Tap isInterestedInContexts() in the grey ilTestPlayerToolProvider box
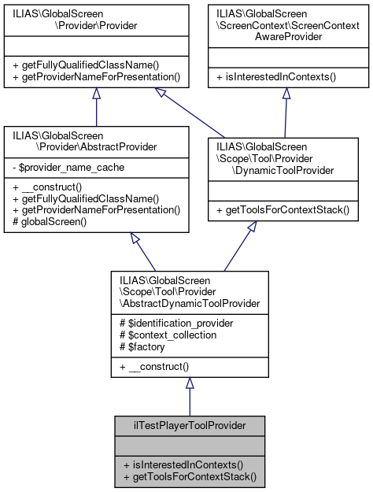click(180, 464)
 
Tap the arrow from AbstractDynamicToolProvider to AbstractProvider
click(141, 252)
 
